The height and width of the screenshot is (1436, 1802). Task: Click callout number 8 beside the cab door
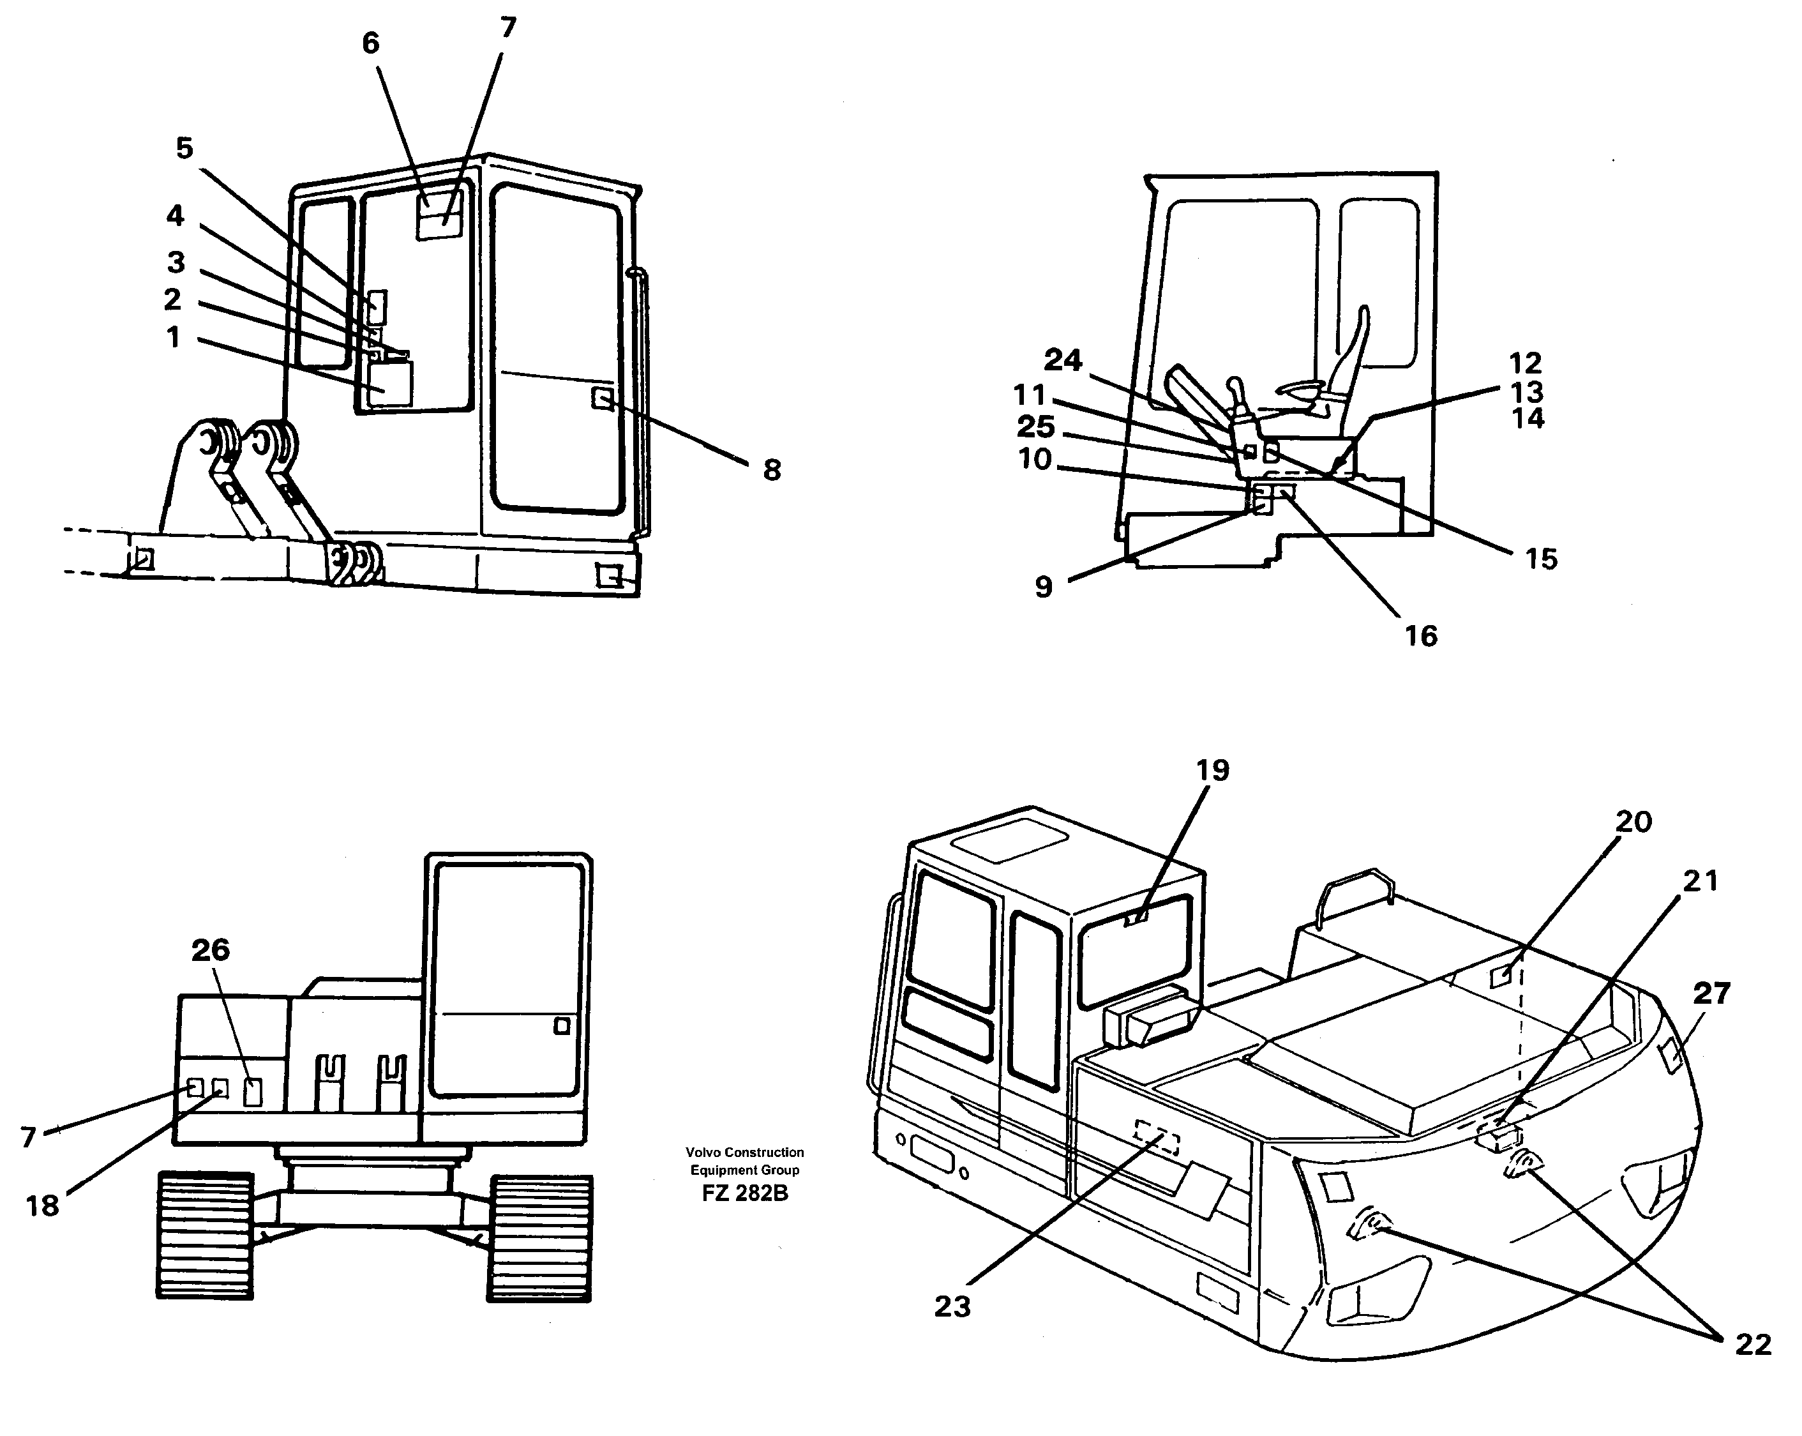point(772,470)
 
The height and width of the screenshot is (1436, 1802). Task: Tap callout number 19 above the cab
point(1212,770)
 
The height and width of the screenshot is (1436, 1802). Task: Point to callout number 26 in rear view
point(210,949)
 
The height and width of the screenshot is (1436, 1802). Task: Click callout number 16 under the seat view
point(1420,636)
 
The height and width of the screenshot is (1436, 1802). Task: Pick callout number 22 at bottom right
point(1753,1344)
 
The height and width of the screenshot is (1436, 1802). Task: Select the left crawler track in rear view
point(205,1236)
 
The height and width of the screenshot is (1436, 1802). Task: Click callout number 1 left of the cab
point(173,338)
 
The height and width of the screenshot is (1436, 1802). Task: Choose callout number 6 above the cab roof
point(370,43)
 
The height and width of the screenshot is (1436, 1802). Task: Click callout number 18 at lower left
point(41,1205)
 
